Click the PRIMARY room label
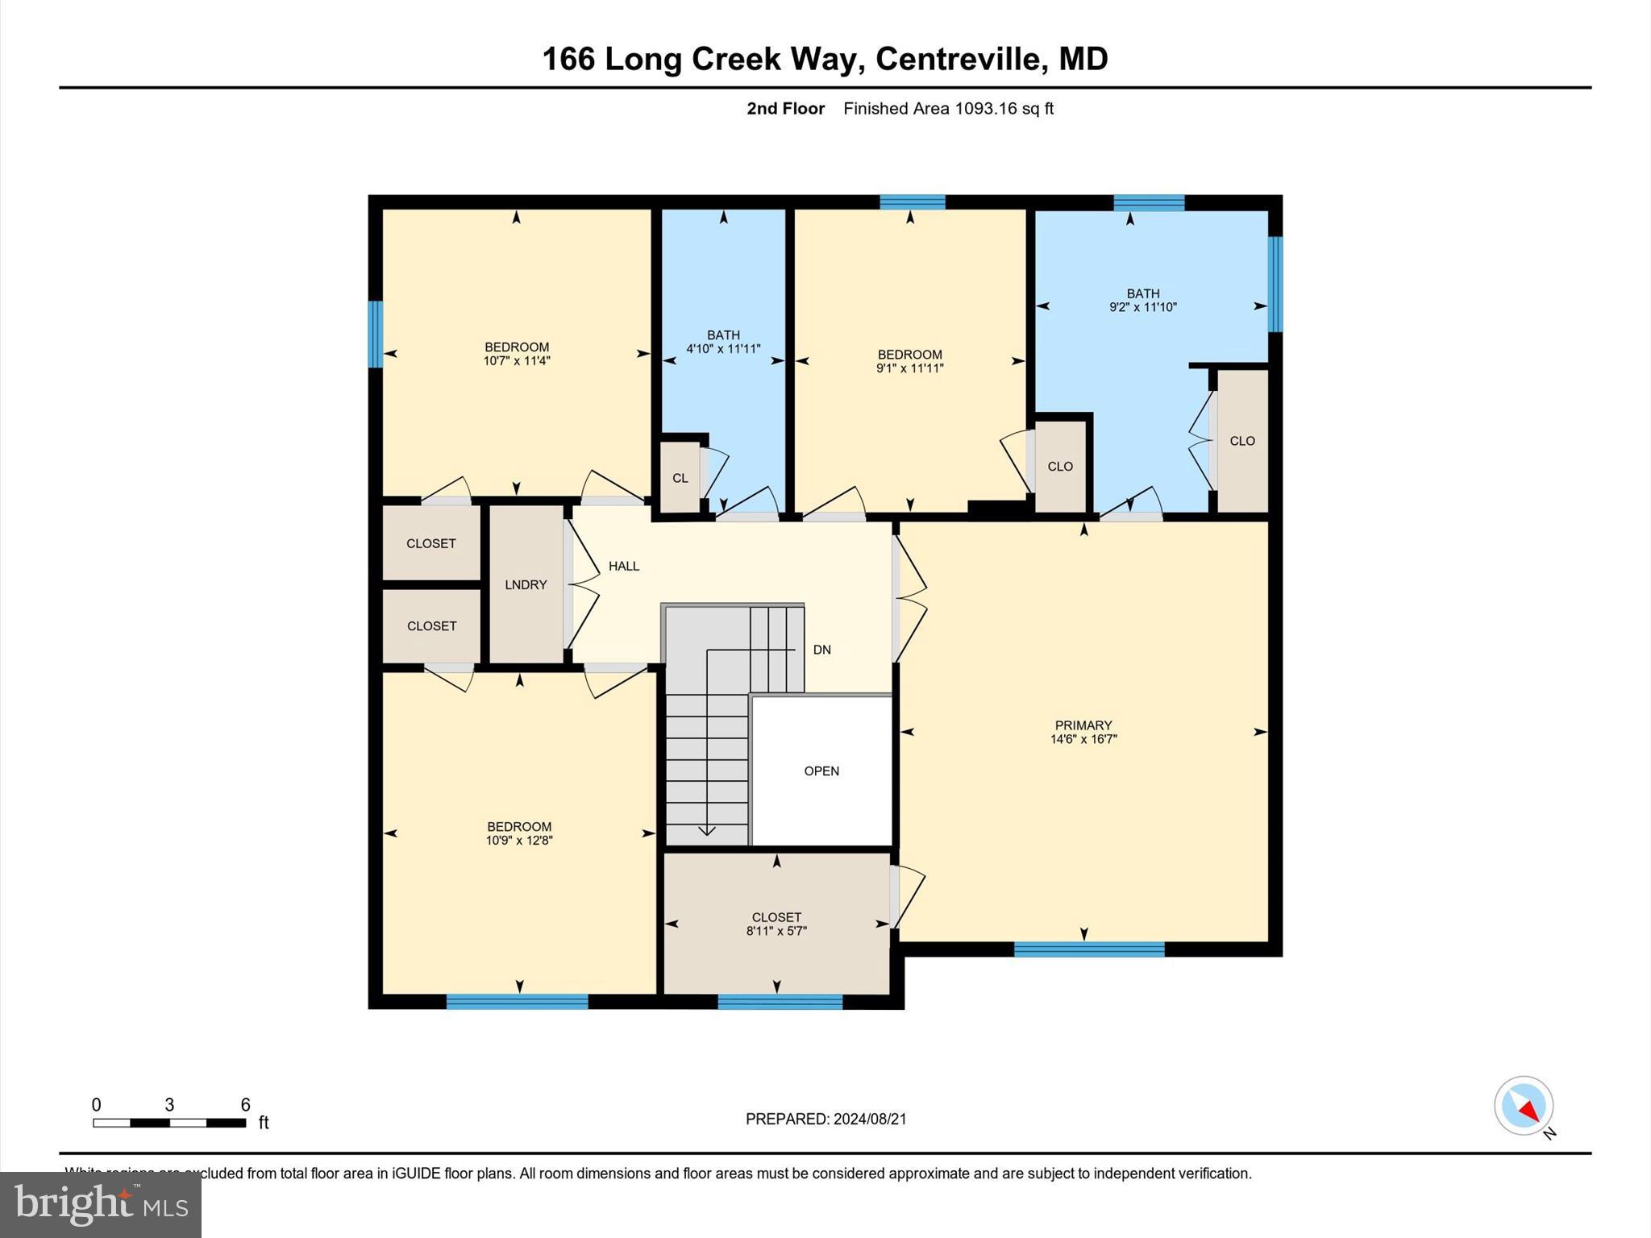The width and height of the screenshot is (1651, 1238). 1083,725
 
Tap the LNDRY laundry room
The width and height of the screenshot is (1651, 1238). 526,585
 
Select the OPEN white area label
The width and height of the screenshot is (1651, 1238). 821,771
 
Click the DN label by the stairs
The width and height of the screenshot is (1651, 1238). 821,650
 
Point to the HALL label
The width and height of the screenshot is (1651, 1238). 624,567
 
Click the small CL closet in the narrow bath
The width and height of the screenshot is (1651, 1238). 680,478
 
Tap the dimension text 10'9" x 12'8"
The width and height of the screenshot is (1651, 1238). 519,841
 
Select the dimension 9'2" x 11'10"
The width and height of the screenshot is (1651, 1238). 1143,307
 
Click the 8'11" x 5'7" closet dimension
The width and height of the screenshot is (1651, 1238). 776,931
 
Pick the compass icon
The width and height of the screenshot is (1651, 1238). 1523,1106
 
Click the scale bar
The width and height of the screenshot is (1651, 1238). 169,1122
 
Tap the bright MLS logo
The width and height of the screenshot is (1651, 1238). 100,1205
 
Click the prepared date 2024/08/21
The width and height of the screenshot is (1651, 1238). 870,1119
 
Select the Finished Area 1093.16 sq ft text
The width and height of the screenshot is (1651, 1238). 948,109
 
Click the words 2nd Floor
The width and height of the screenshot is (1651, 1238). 785,109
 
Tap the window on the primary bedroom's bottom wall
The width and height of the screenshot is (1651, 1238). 1088,949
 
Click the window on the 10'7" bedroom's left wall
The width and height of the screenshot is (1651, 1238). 375,334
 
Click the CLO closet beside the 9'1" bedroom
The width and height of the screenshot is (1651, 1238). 1060,467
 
